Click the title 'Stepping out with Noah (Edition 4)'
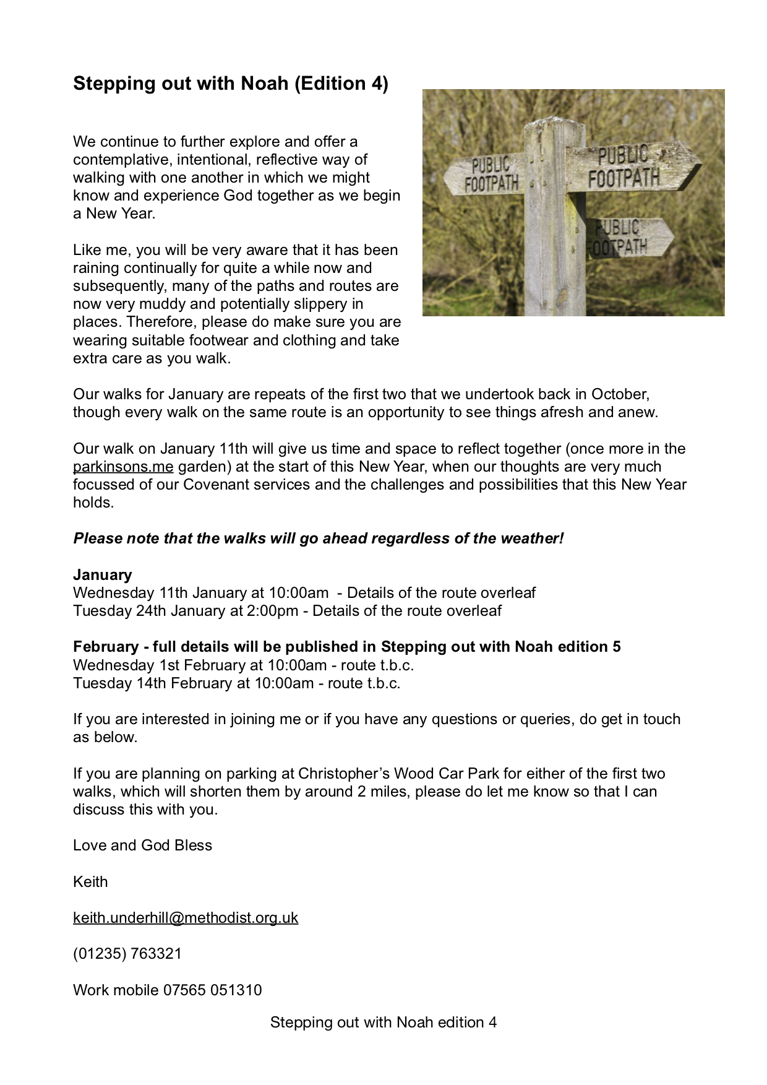(x=230, y=83)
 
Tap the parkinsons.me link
(x=123, y=466)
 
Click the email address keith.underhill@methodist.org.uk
(x=186, y=917)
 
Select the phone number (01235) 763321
(x=127, y=953)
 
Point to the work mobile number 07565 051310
(x=212, y=990)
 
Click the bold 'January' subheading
(x=102, y=574)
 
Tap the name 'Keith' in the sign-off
(x=90, y=881)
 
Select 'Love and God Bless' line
(x=142, y=845)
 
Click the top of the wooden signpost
(x=554, y=125)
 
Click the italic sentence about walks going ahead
(x=319, y=538)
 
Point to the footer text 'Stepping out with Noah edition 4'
(x=383, y=1022)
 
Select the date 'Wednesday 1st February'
(x=156, y=665)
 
